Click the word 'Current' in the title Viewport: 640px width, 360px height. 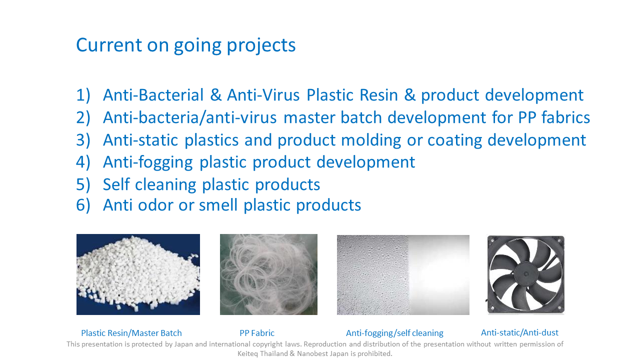pos(109,45)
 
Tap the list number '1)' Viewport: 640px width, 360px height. pos(83,95)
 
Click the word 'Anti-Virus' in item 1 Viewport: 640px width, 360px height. pos(263,95)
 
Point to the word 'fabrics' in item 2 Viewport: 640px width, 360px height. pos(565,117)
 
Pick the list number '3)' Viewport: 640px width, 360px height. pos(83,140)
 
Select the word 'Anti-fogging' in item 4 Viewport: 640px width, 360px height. pos(148,163)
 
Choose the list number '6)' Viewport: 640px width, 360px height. pos(83,205)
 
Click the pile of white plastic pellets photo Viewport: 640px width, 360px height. pos(138,274)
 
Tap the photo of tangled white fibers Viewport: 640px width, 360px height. pos(268,274)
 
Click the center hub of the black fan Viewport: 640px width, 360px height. pos(525,273)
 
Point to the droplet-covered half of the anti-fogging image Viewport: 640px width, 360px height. pos(372,275)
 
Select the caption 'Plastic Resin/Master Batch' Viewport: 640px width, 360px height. pos(131,333)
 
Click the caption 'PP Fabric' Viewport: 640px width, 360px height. pos(257,333)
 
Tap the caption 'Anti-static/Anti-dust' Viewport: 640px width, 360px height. pos(519,332)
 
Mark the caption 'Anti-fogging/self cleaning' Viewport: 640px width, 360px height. pos(394,333)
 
